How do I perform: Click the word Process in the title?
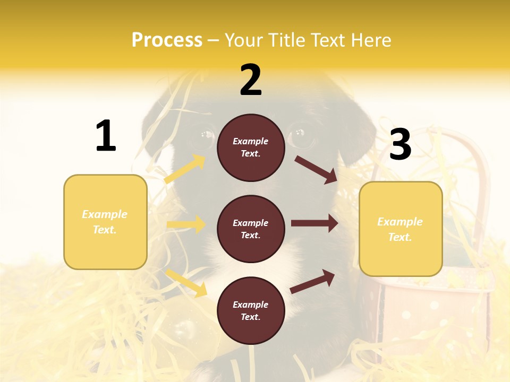click(167, 40)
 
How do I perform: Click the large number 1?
click(106, 136)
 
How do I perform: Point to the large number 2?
click(251, 80)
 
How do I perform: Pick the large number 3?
click(400, 144)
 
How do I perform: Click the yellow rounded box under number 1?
click(105, 222)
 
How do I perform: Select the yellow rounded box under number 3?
click(401, 229)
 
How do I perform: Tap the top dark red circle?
click(251, 147)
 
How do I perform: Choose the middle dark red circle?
click(251, 229)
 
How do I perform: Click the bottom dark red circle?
click(251, 310)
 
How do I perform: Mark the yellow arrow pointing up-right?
click(185, 169)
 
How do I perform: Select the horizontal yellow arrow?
click(186, 224)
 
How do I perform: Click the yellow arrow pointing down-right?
click(186, 283)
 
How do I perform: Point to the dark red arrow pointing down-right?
click(316, 169)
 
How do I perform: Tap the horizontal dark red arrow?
click(314, 223)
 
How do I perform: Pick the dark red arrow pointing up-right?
click(313, 281)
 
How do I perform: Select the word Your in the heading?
click(242, 40)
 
